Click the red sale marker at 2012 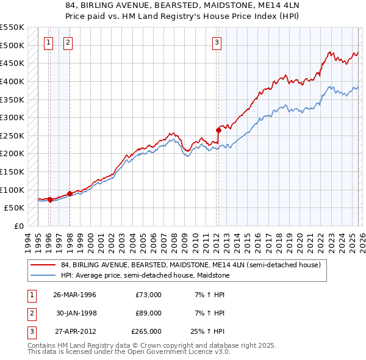(x=218, y=130)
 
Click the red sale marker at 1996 (x=49, y=200)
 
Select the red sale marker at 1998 (x=70, y=193)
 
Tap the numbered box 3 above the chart (x=217, y=42)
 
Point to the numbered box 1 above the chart (x=48, y=42)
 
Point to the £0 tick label (x=18, y=226)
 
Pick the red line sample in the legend (x=44, y=265)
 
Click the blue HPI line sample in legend (x=44, y=275)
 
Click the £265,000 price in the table (x=146, y=331)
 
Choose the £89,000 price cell (x=149, y=313)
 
